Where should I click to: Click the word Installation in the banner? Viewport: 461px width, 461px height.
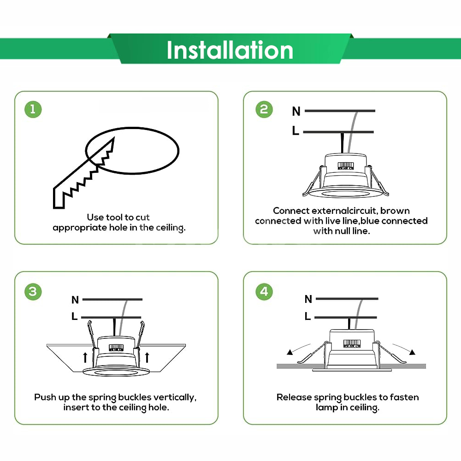(x=230, y=50)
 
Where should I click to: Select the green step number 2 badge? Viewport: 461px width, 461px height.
(x=264, y=109)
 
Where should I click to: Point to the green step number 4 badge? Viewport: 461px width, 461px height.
(x=264, y=291)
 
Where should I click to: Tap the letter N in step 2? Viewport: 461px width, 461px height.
(x=296, y=111)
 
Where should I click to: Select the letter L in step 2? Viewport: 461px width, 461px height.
(x=296, y=131)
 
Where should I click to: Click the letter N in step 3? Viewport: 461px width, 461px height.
(x=75, y=300)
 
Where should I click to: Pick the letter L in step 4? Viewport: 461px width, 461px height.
(x=307, y=317)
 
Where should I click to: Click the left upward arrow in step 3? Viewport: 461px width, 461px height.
(x=85, y=356)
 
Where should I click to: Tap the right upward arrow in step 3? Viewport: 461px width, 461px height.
(x=147, y=356)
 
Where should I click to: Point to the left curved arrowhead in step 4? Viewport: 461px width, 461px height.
(x=290, y=353)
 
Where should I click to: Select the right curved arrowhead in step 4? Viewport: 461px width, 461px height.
(x=412, y=353)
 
